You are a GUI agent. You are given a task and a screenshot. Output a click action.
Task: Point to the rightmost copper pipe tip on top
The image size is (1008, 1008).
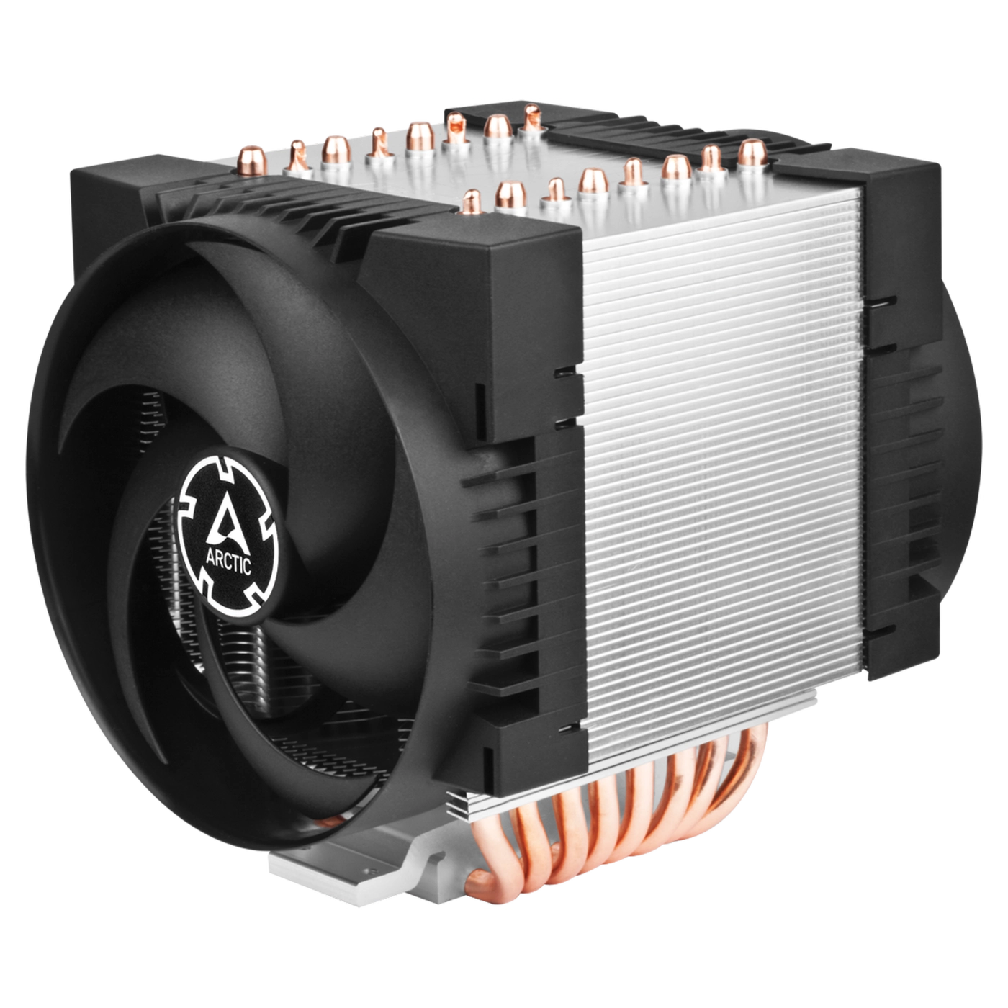(x=752, y=152)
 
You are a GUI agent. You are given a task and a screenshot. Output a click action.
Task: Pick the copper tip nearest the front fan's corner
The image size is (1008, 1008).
(x=472, y=202)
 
